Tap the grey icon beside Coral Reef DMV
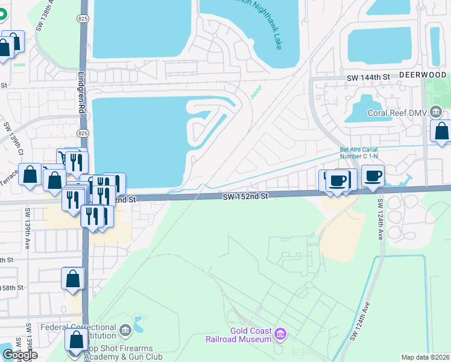click(x=437, y=112)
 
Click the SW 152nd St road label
click(x=244, y=196)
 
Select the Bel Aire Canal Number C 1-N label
click(x=362, y=154)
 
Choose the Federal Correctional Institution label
click(x=78, y=331)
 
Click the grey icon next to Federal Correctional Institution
click(x=125, y=329)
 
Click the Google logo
click(x=20, y=355)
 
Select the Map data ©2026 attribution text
click(x=426, y=357)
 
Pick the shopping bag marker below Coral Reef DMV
click(x=441, y=131)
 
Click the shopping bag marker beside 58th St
click(x=73, y=279)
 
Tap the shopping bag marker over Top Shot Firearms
click(x=76, y=340)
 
